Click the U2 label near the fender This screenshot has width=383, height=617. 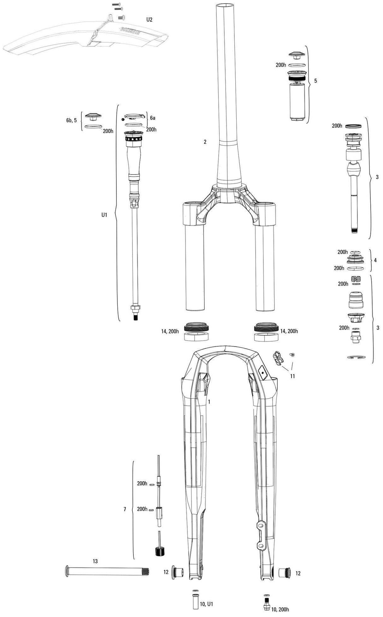coord(150,20)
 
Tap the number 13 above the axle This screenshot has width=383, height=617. coord(95,561)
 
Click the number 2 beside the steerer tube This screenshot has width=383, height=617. coord(205,142)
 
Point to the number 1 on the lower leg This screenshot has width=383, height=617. coord(209,402)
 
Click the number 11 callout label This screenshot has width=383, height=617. coord(292,376)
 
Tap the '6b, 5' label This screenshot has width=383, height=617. coord(71,120)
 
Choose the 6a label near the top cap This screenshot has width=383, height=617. coord(153,118)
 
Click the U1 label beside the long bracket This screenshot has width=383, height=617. coord(104,215)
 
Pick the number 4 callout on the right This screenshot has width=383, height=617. coord(375,261)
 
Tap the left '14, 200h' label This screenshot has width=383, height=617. coord(169,331)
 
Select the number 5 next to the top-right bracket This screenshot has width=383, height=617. coord(315,81)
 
